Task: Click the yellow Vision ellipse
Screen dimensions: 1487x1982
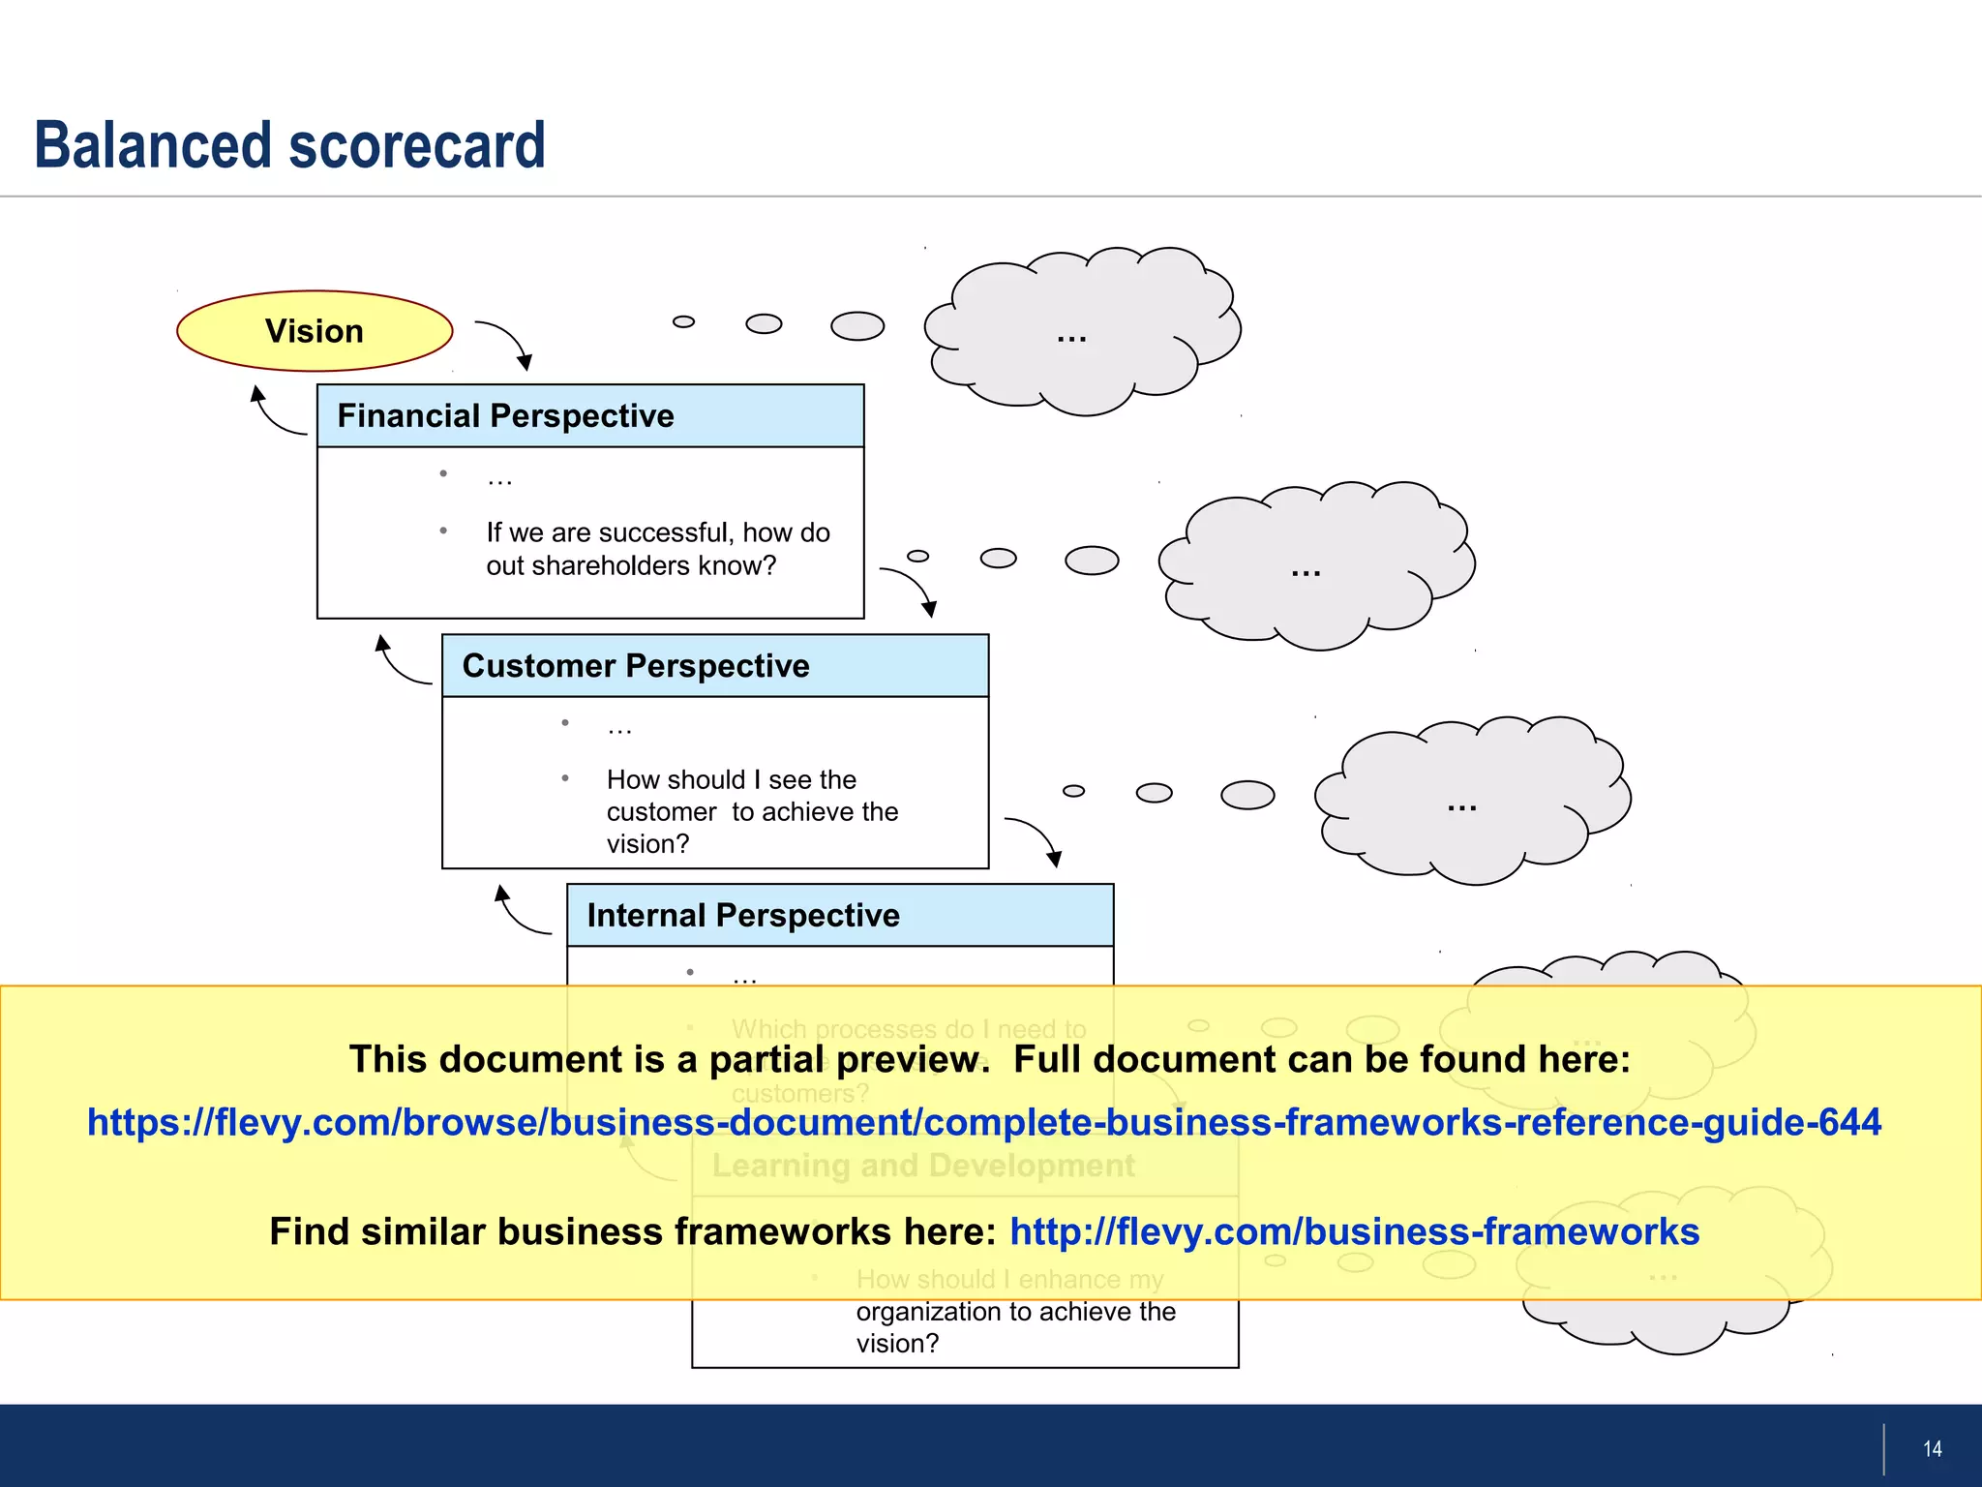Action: click(x=315, y=331)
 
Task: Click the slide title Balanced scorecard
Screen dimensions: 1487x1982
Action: click(x=289, y=145)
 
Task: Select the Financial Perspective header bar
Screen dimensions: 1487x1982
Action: click(x=590, y=416)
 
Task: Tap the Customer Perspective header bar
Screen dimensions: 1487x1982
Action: click(x=714, y=666)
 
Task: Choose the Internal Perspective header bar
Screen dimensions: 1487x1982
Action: click(x=839, y=915)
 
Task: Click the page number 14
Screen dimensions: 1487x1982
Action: click(x=1932, y=1448)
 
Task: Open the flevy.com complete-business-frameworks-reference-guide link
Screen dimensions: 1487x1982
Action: click(x=983, y=1123)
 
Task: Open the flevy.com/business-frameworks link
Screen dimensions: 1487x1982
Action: click(x=1354, y=1231)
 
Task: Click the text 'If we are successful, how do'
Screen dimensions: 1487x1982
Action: click(x=657, y=532)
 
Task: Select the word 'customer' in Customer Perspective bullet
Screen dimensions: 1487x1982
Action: click(x=661, y=812)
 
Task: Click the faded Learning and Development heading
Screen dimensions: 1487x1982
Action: click(x=923, y=1166)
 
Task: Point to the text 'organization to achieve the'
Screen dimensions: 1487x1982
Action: click(x=1015, y=1312)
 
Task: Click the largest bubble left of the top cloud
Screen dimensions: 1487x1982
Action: click(x=857, y=326)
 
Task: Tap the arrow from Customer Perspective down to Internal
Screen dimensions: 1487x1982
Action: click(x=1036, y=836)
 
